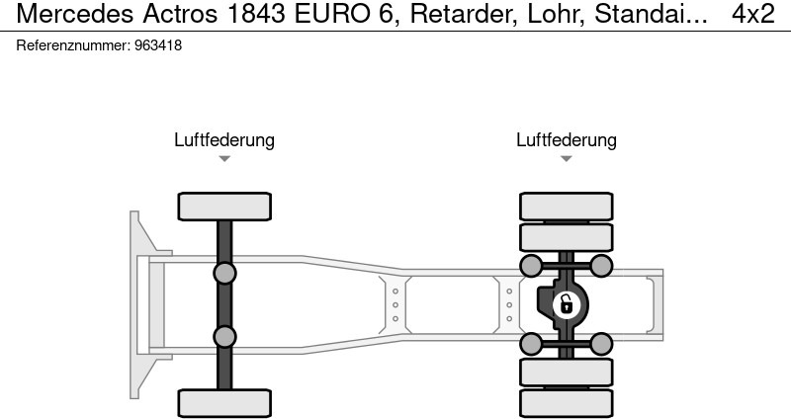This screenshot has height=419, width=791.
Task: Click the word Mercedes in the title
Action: [75, 14]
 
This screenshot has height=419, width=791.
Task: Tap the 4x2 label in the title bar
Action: [753, 14]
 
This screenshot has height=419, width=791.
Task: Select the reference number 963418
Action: [158, 45]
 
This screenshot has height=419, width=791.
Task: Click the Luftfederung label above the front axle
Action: [224, 139]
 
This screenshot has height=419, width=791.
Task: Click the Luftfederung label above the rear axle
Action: [566, 139]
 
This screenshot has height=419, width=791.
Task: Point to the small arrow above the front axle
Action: [224, 158]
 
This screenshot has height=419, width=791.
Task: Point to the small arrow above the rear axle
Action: [566, 158]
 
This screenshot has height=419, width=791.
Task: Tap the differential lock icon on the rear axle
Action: [566, 305]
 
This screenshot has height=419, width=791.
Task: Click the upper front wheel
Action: [224, 207]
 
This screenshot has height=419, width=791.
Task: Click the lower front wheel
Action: [224, 403]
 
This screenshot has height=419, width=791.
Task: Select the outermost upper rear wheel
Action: [566, 207]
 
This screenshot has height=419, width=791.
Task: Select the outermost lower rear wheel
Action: [566, 403]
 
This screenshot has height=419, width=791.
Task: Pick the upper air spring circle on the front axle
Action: [224, 274]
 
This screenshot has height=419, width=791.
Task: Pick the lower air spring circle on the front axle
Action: [224, 337]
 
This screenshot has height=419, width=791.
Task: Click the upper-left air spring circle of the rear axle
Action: [531, 266]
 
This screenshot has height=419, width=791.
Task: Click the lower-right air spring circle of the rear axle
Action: [601, 344]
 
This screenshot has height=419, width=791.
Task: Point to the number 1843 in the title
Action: [257, 14]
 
